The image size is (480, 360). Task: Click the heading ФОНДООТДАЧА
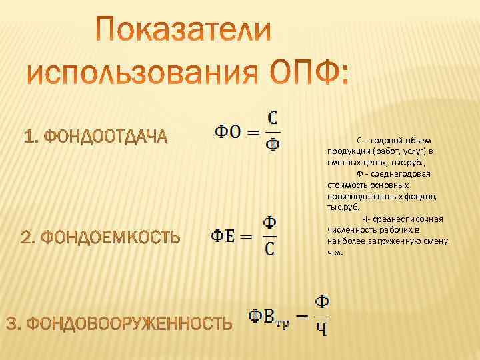(x=95, y=137)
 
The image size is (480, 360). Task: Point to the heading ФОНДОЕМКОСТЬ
(x=101, y=237)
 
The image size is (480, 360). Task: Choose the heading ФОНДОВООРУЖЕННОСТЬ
(x=119, y=324)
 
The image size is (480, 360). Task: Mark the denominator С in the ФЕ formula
(x=269, y=249)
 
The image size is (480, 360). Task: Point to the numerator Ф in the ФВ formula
(x=321, y=302)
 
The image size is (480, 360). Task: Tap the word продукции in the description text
(x=345, y=151)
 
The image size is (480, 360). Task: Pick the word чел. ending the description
(x=335, y=253)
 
